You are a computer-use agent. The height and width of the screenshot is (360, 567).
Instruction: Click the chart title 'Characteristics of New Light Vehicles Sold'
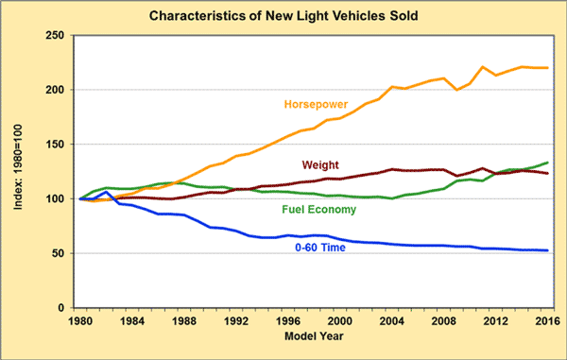click(x=283, y=16)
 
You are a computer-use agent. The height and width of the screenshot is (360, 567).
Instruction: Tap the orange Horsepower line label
click(x=315, y=101)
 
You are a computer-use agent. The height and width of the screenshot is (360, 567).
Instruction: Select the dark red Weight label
click(x=321, y=165)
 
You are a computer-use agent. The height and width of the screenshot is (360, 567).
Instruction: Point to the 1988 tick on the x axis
click(x=183, y=321)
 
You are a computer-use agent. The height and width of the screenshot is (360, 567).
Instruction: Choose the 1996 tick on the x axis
click(x=287, y=321)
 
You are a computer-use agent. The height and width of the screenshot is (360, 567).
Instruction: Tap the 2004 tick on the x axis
click(x=391, y=321)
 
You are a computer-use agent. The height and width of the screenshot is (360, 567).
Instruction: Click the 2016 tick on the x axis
click(x=547, y=321)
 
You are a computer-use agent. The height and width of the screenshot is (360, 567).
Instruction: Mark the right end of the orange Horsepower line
click(x=547, y=68)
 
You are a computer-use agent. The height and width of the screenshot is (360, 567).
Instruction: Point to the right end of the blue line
click(x=547, y=250)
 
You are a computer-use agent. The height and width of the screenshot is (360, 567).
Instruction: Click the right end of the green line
click(x=547, y=163)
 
